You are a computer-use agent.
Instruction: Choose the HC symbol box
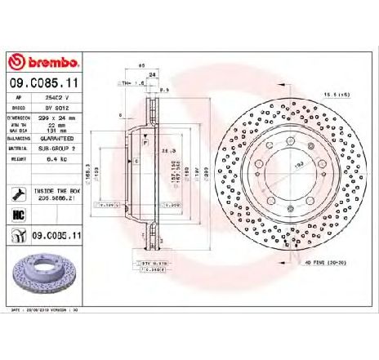19,215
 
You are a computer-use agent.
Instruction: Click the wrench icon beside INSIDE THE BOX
18,193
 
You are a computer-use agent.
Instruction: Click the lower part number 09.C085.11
59,236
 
